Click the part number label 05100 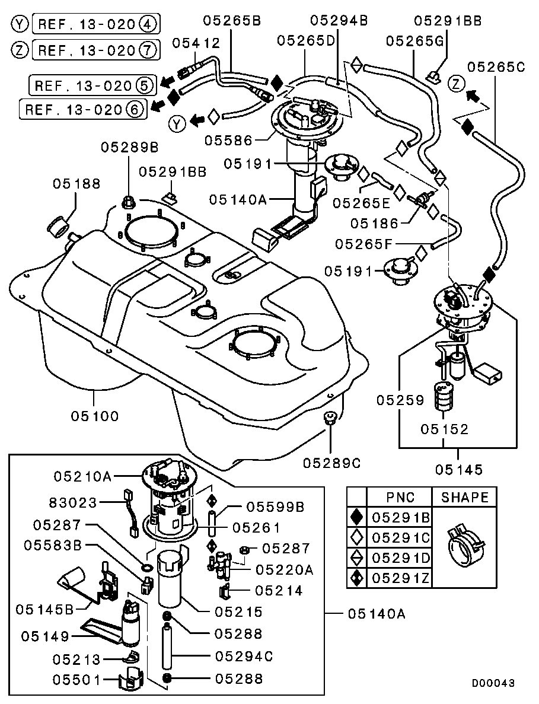(95, 416)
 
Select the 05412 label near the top (196, 43)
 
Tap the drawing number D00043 (493, 683)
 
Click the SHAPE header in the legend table (465, 497)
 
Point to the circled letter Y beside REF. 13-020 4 (20, 24)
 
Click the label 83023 (72, 503)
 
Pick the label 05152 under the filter (445, 428)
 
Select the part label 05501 (77, 679)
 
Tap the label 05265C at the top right (497, 66)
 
